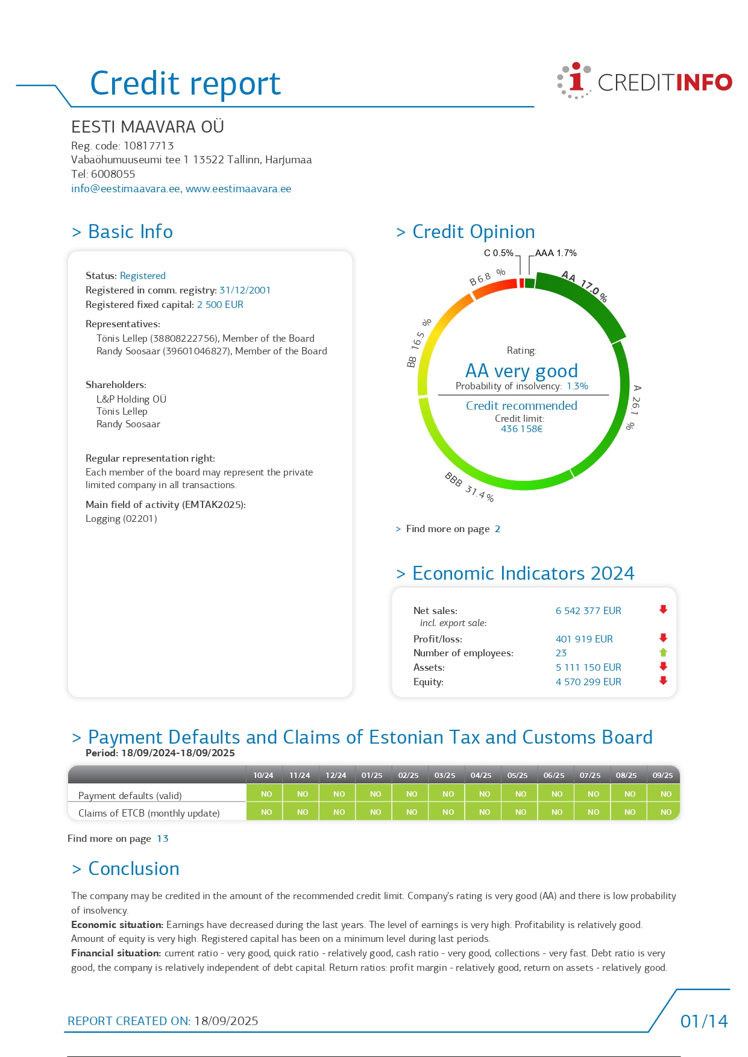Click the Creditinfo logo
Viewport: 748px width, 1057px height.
(x=644, y=81)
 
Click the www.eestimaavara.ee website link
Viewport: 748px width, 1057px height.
(x=238, y=189)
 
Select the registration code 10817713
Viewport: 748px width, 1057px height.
(x=148, y=146)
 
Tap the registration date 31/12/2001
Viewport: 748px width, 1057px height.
(x=245, y=290)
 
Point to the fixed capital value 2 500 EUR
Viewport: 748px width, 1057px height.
(x=220, y=305)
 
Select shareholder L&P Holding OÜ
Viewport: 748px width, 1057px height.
(x=131, y=399)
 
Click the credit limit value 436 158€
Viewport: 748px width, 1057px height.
(x=521, y=429)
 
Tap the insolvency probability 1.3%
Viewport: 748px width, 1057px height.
(x=577, y=386)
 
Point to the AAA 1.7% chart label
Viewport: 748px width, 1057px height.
(x=556, y=253)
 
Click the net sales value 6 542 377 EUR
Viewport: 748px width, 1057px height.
(x=588, y=611)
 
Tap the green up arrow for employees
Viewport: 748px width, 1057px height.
(x=663, y=653)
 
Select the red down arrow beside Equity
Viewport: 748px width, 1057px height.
(x=663, y=681)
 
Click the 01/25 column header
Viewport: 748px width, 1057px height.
(x=372, y=776)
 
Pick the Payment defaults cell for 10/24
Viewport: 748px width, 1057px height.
(x=266, y=794)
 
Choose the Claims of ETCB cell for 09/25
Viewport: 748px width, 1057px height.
(x=665, y=812)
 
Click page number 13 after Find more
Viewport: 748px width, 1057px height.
(x=163, y=839)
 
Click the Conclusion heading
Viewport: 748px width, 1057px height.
(x=133, y=869)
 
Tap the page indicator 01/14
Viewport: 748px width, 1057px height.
(x=704, y=1021)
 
